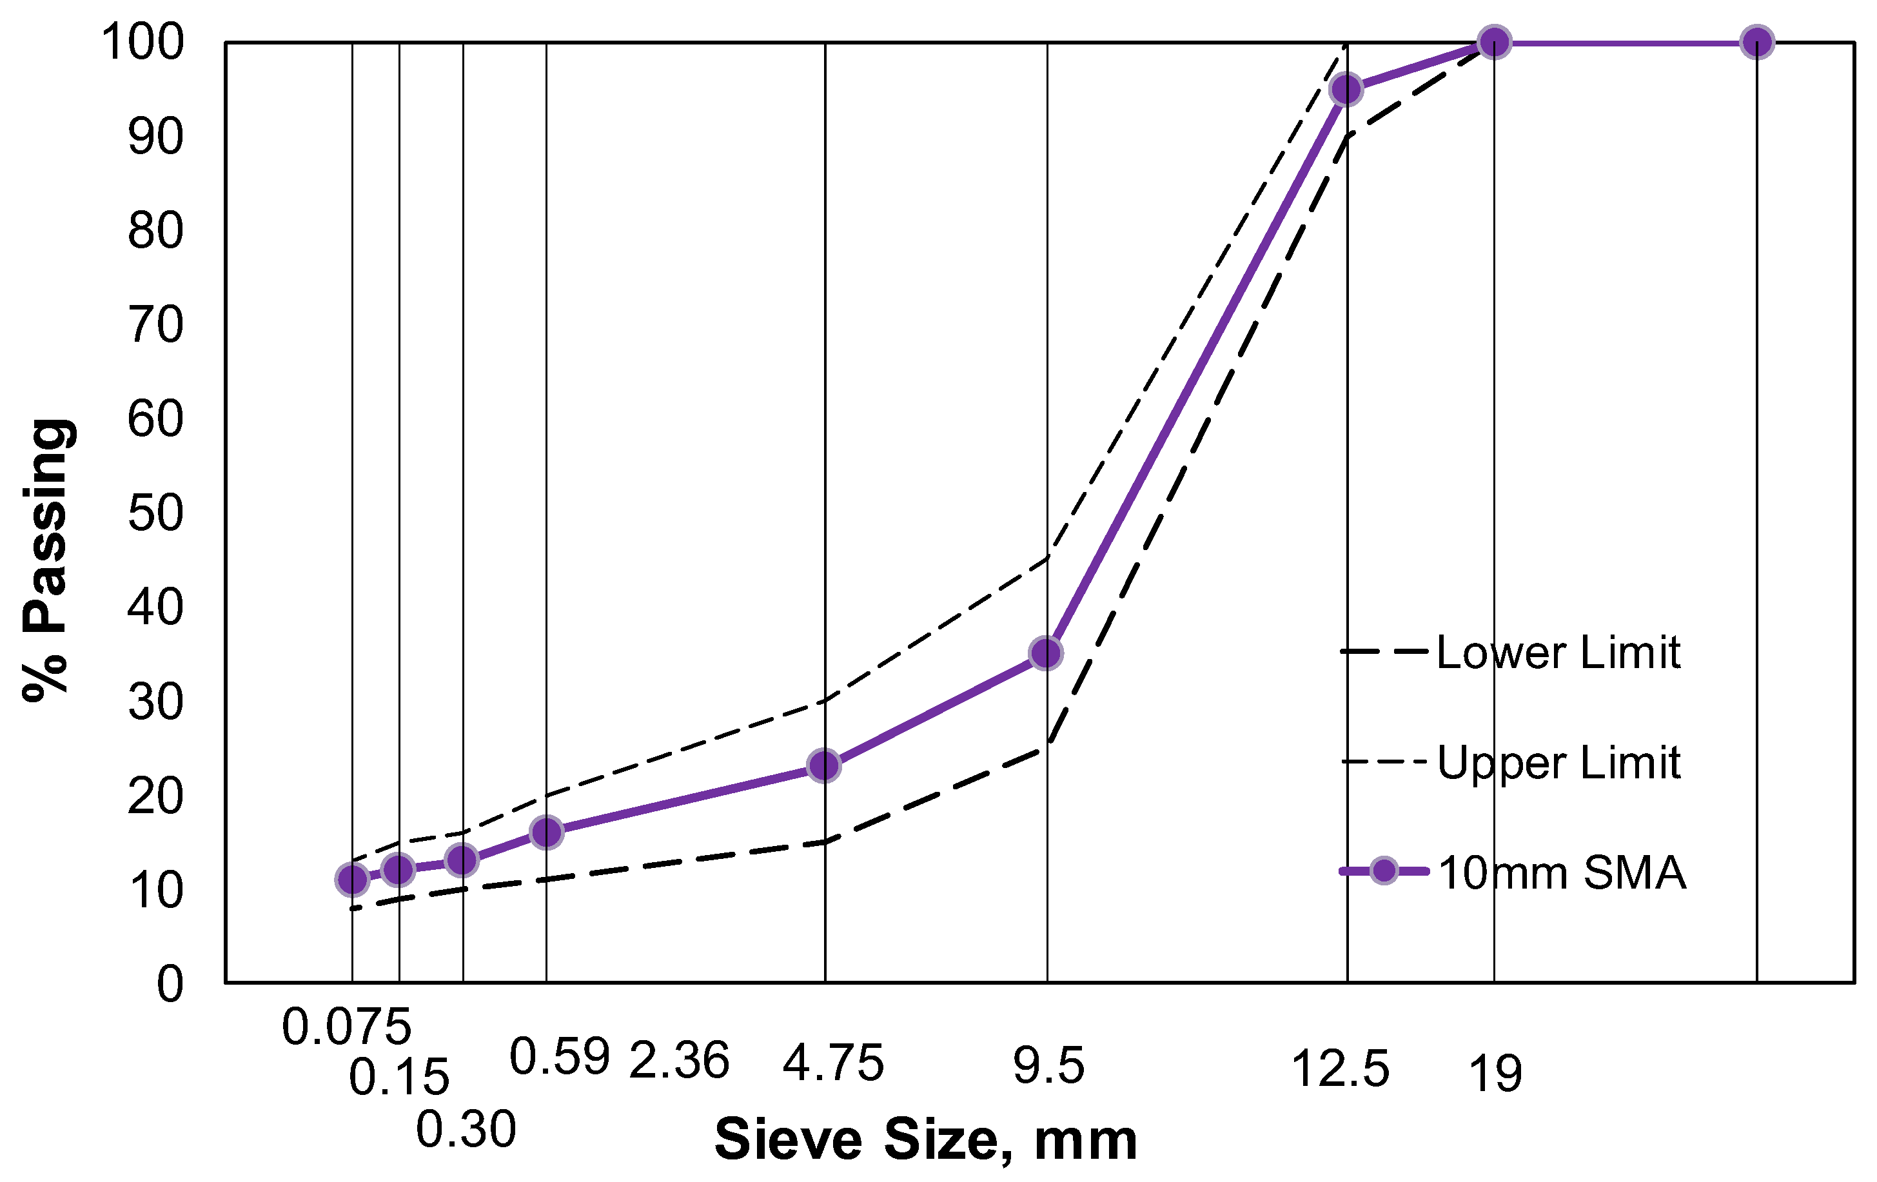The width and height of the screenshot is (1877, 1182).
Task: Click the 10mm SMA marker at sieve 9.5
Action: coord(1045,653)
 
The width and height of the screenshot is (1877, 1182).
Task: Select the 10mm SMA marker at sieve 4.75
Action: coord(824,767)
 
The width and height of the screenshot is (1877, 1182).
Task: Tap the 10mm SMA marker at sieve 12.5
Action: coord(1346,90)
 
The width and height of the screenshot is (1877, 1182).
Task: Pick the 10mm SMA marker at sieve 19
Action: coord(1494,42)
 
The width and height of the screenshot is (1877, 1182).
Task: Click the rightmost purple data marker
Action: coord(1757,42)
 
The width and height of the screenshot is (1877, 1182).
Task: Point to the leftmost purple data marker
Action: coord(351,880)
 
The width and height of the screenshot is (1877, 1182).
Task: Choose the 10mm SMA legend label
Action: coord(1561,872)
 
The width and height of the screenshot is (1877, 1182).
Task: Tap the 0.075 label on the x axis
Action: coord(346,1027)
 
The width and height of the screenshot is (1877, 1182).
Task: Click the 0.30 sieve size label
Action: coord(466,1129)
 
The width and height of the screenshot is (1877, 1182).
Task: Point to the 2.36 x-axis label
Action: coord(678,1060)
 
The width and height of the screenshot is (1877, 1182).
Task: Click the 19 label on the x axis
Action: coord(1494,1074)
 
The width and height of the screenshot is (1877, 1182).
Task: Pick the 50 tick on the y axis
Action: coord(155,513)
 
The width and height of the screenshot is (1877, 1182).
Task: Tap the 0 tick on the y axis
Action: coord(170,984)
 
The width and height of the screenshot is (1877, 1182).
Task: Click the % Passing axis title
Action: coord(48,560)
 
